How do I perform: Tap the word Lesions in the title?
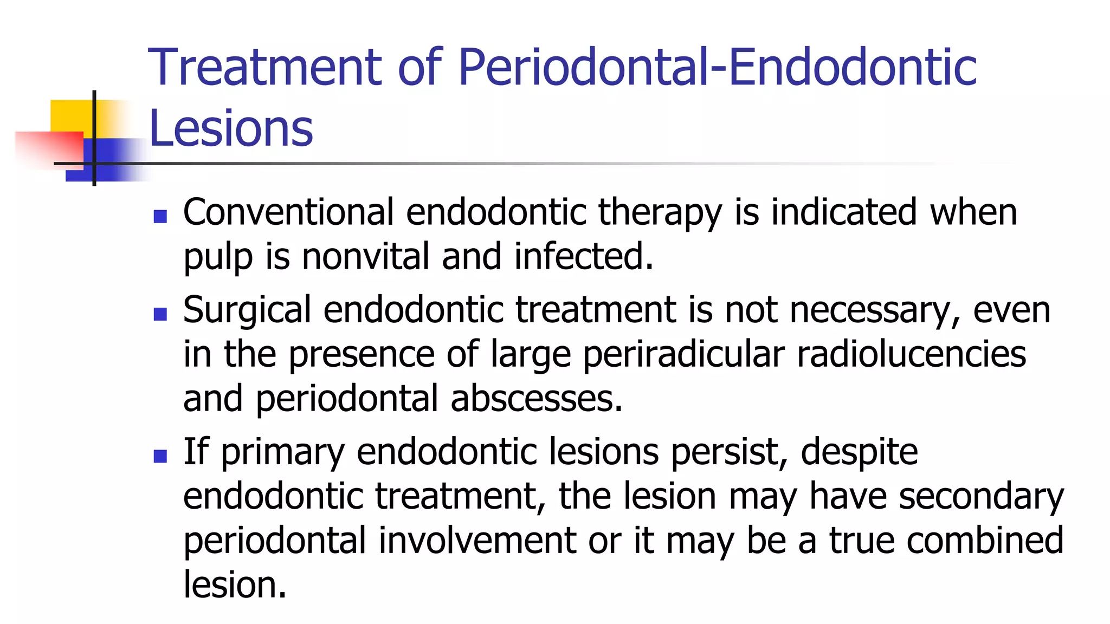click(x=231, y=128)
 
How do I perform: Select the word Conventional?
click(x=288, y=212)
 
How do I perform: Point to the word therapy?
click(x=660, y=213)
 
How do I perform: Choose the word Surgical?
click(x=247, y=311)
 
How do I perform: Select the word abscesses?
click(x=537, y=399)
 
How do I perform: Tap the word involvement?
click(x=477, y=541)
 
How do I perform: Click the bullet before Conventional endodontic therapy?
click(x=160, y=217)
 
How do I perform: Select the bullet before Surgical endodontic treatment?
click(x=160, y=314)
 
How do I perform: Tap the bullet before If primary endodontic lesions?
click(x=160, y=456)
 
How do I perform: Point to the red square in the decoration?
click(x=51, y=149)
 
